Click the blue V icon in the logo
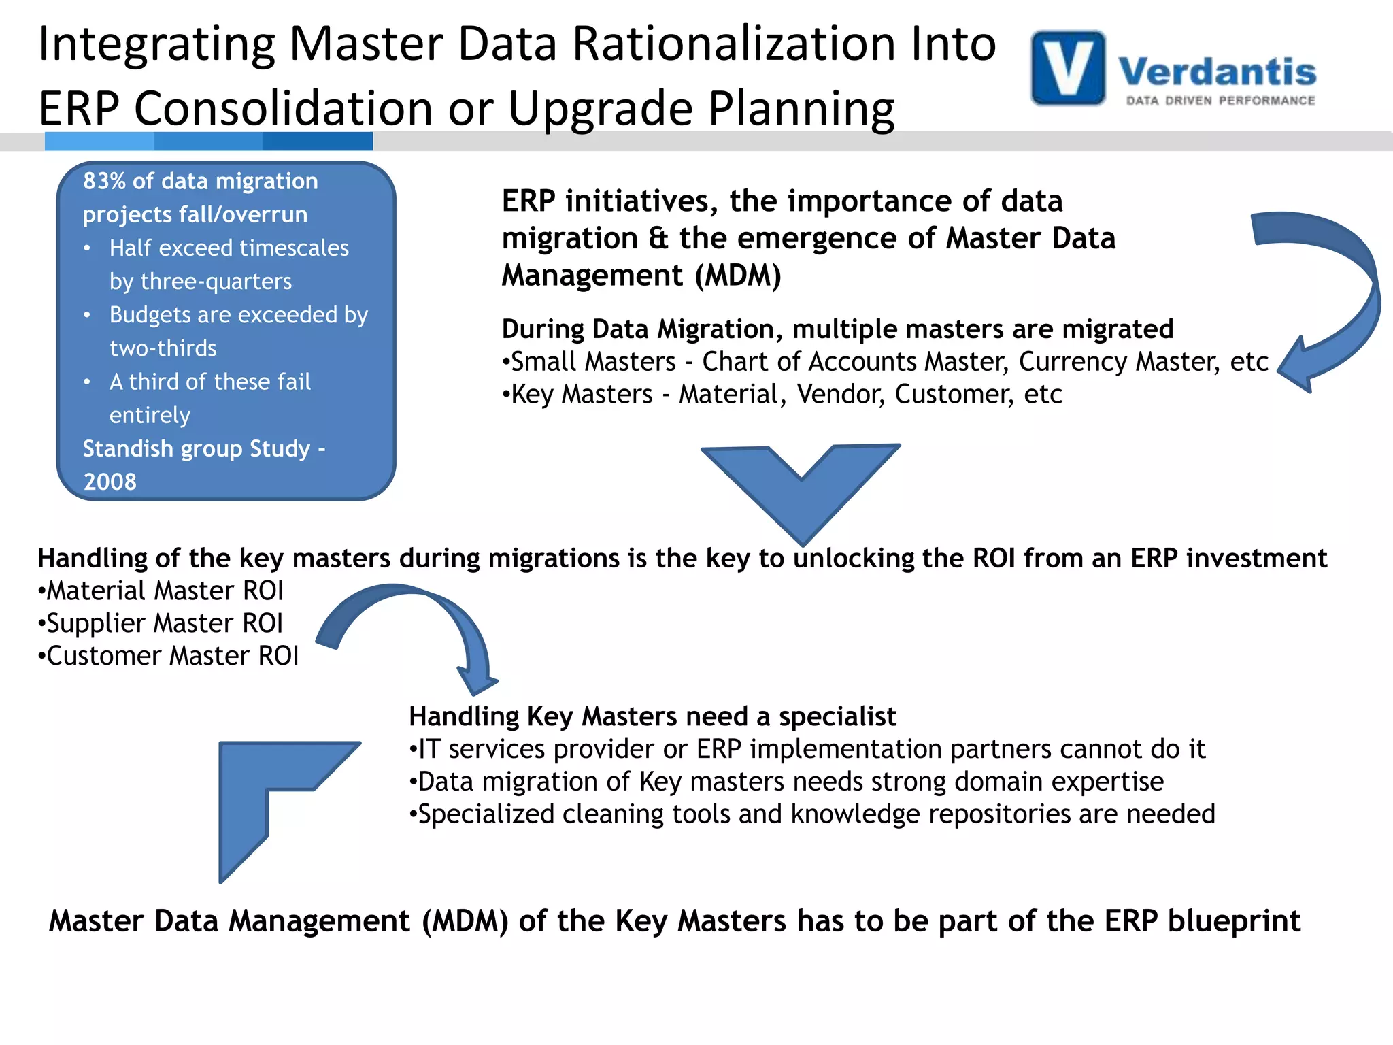click(x=1068, y=68)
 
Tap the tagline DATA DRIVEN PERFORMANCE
click(x=1220, y=101)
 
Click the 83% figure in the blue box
click(x=104, y=181)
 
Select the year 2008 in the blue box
click(x=110, y=482)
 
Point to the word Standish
click(x=128, y=449)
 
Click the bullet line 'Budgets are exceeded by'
click(x=238, y=315)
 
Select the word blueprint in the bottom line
click(x=1234, y=921)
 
